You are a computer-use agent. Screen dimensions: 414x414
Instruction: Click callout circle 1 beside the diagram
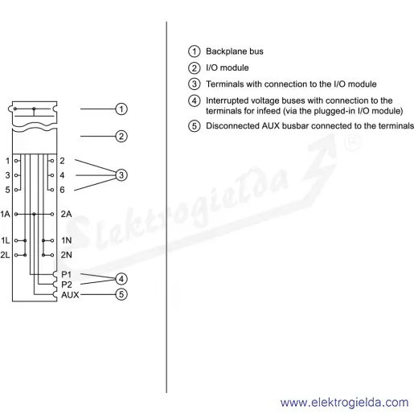click(x=121, y=109)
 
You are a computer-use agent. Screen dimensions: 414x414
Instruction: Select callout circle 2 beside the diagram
click(x=121, y=137)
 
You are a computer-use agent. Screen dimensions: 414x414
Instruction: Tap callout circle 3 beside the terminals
click(x=121, y=175)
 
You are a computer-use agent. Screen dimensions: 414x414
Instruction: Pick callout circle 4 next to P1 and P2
click(x=121, y=279)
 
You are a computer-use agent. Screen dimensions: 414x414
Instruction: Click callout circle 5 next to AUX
click(x=121, y=294)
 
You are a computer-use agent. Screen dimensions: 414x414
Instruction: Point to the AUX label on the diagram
click(x=70, y=295)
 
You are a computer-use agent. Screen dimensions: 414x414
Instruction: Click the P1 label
click(x=67, y=275)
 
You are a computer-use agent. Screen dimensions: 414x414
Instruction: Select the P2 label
click(x=67, y=285)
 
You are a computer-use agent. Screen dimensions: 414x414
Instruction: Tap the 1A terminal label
click(x=5, y=214)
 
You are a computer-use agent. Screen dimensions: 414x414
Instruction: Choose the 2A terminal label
click(x=66, y=214)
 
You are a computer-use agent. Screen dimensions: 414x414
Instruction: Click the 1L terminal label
click(x=5, y=240)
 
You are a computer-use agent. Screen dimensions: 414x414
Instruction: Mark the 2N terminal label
click(x=66, y=255)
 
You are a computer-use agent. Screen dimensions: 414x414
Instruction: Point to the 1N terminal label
click(x=67, y=240)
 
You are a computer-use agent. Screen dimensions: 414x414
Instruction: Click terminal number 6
click(x=62, y=190)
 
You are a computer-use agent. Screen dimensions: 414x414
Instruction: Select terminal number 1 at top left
click(x=7, y=161)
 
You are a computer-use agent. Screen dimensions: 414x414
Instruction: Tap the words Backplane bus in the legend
click(x=235, y=51)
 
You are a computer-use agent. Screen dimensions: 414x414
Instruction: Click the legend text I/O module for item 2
click(x=227, y=68)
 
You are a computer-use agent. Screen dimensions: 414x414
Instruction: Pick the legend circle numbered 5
click(x=195, y=126)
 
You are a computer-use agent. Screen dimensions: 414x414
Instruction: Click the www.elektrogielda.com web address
click(x=345, y=403)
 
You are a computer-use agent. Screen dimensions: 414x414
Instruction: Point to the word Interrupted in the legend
click(x=227, y=100)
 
